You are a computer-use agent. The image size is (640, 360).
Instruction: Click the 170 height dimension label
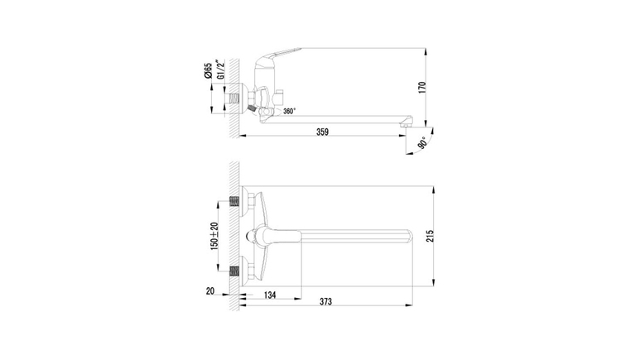click(x=422, y=88)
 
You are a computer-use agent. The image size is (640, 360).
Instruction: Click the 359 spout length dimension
click(x=322, y=132)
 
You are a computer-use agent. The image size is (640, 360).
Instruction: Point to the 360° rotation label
click(x=290, y=111)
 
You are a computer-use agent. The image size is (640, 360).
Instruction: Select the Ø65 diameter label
click(x=208, y=70)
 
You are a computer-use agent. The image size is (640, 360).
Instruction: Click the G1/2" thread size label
click(x=220, y=70)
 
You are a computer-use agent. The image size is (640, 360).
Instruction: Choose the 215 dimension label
click(x=431, y=237)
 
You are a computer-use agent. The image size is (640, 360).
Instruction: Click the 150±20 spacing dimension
click(x=214, y=237)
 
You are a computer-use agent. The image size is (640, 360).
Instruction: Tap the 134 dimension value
click(x=270, y=295)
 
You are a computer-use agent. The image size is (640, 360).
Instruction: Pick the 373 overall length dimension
click(x=325, y=301)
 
